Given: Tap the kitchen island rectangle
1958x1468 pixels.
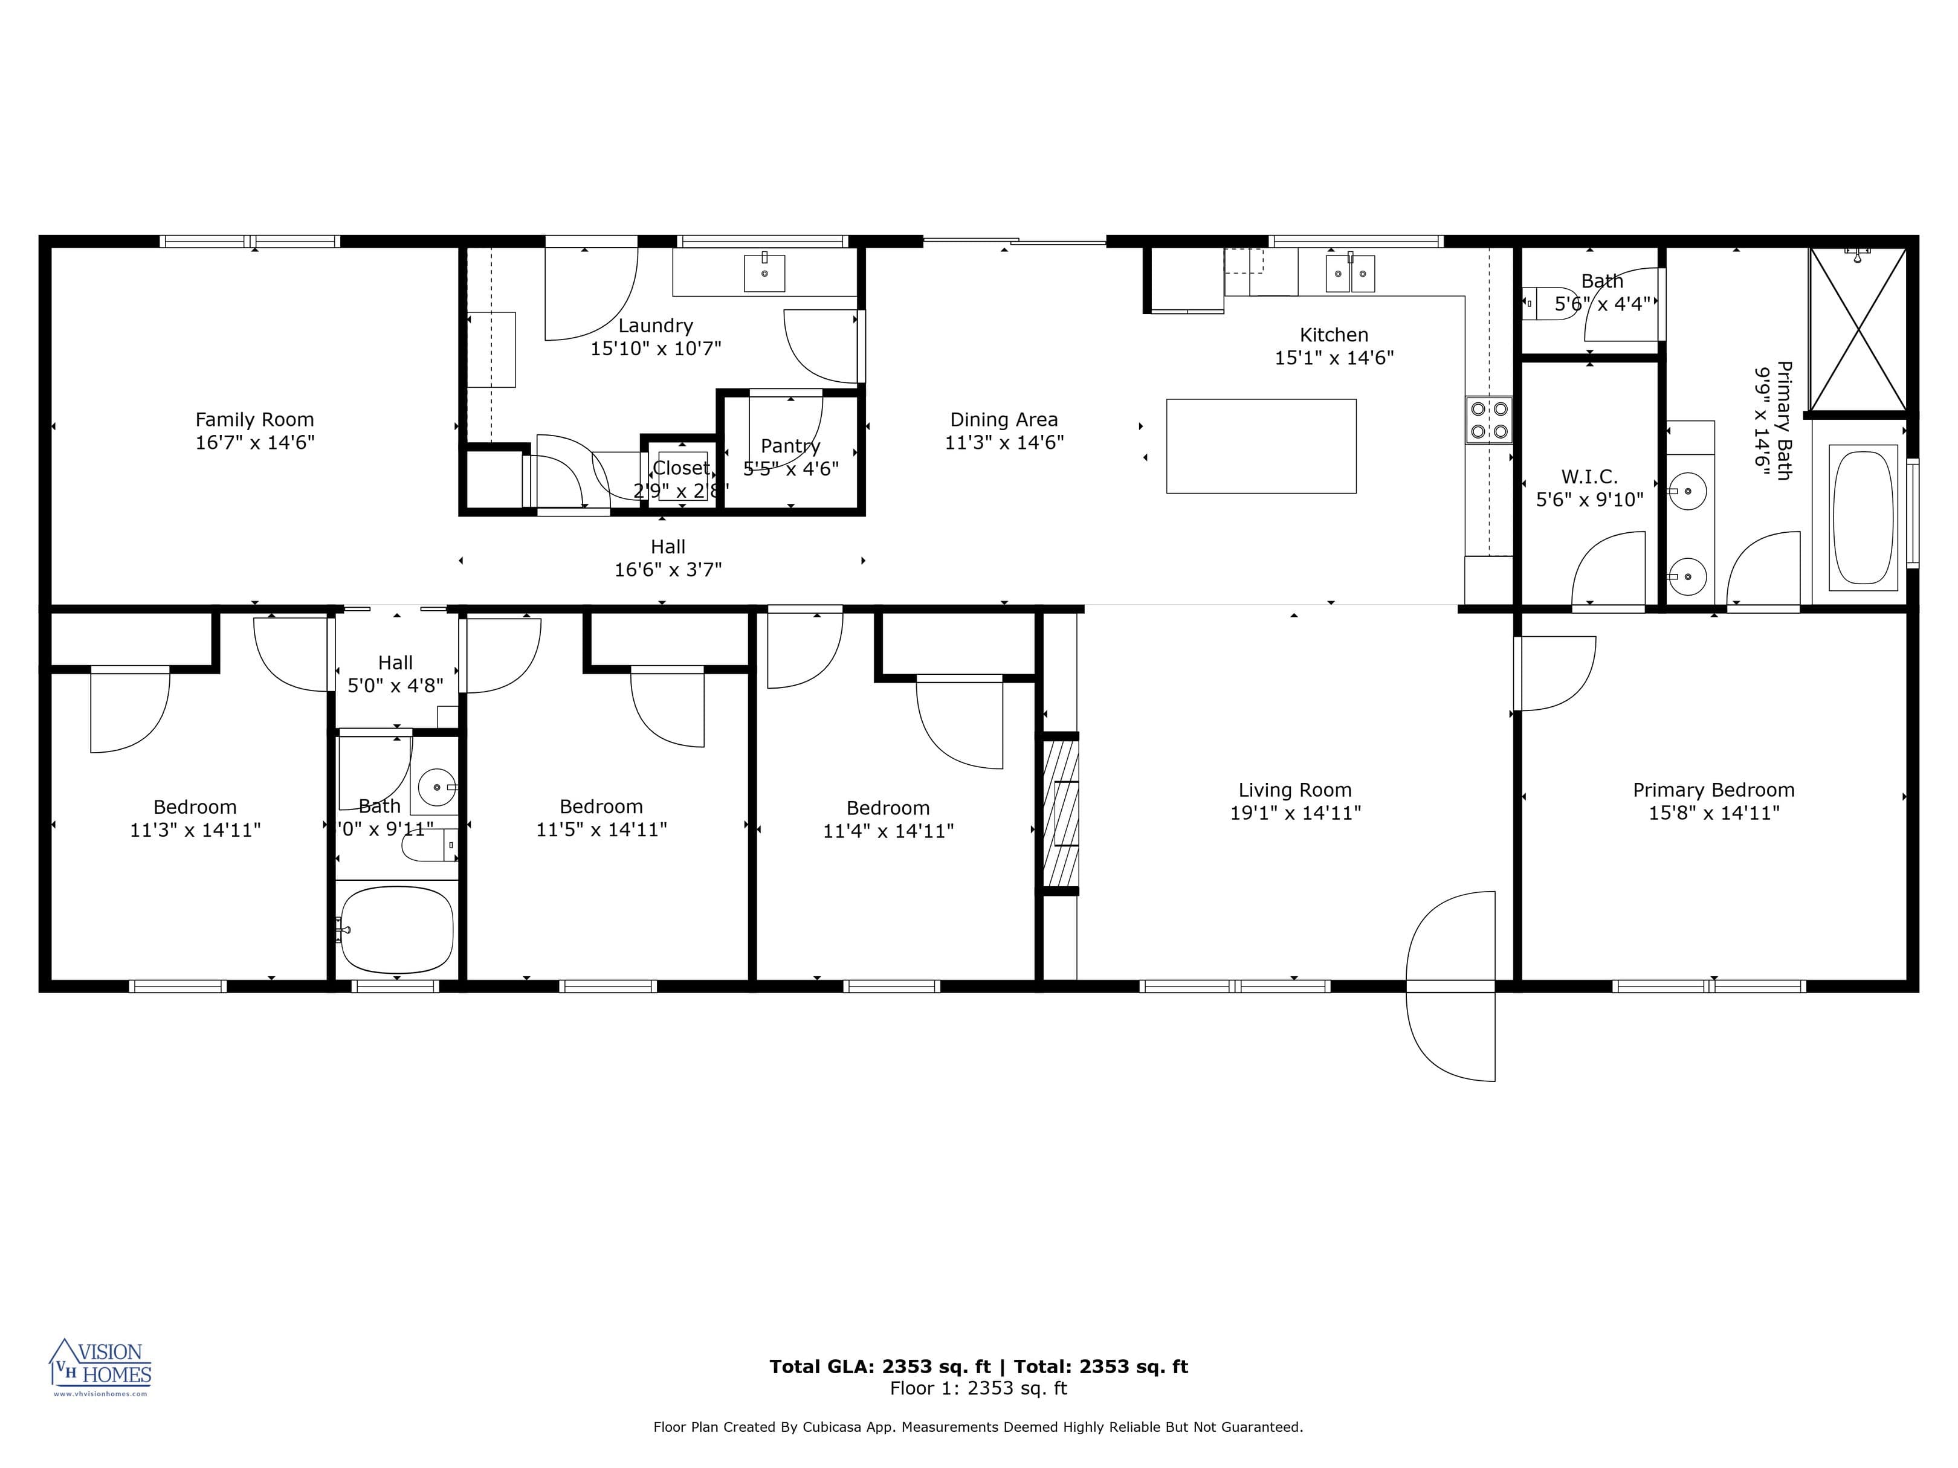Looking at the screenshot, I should pyautogui.click(x=1261, y=446).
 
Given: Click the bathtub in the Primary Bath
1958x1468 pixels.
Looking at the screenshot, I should pyautogui.click(x=1863, y=518).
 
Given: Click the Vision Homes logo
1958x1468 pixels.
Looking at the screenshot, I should pyautogui.click(x=100, y=1367).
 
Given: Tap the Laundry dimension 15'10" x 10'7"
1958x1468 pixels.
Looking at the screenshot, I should pyautogui.click(x=655, y=349).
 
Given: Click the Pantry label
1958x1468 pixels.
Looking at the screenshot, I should pyautogui.click(x=790, y=446).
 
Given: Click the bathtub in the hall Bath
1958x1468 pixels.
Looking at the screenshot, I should pyautogui.click(x=396, y=929).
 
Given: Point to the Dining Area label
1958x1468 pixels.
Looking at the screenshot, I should pyautogui.click(x=1003, y=419).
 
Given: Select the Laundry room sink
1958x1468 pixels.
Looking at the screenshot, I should pyautogui.click(x=764, y=272).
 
